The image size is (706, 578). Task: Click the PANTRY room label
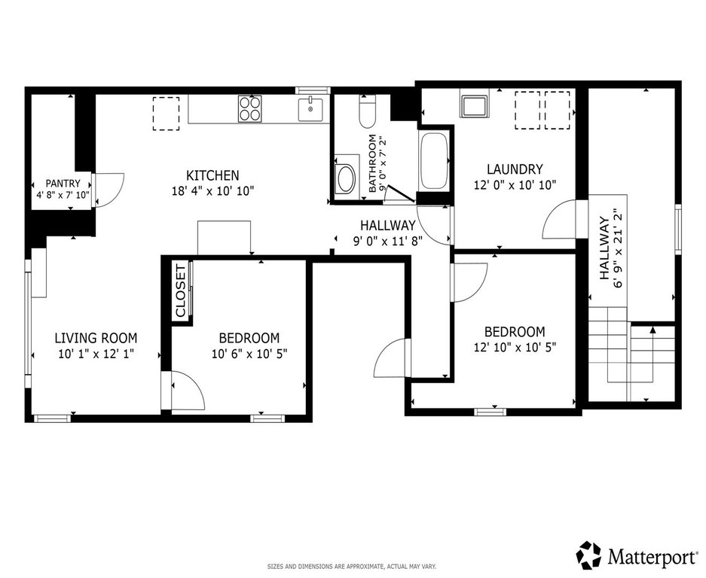(63, 184)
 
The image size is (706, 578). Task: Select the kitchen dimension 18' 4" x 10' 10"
(213, 191)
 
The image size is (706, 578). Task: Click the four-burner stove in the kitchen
(250, 108)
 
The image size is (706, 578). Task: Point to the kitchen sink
(310, 110)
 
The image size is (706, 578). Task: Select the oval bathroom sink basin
(347, 179)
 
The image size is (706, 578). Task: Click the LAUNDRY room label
(515, 169)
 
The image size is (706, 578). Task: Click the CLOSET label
(181, 291)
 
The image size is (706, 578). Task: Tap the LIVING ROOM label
(96, 338)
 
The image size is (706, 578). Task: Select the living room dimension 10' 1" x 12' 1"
(96, 354)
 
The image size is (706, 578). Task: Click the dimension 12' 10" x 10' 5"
(515, 347)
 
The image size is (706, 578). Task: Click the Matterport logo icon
(590, 555)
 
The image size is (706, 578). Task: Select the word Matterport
(651, 556)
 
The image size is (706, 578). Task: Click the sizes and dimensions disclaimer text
(352, 566)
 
